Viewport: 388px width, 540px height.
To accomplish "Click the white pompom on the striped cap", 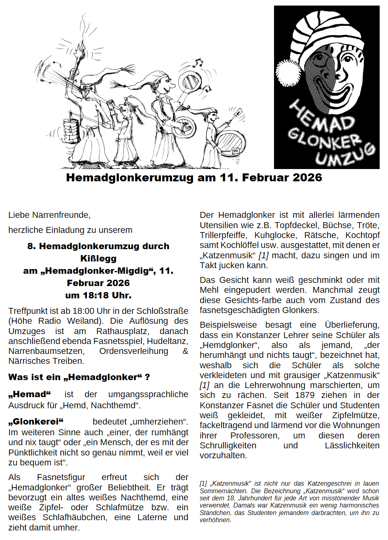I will point(289,73).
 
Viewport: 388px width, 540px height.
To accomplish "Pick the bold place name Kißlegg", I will point(98,259).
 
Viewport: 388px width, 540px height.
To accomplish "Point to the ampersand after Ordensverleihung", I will point(185,351).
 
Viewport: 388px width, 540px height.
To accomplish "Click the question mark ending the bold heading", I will point(147,377).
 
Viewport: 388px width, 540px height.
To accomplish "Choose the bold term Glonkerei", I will point(36,421).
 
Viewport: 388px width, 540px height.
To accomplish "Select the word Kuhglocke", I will point(275,235).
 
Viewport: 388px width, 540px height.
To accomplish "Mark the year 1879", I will point(305,395).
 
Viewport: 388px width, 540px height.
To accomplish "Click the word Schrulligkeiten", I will point(228,446).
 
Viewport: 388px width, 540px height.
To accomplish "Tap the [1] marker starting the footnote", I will point(203,484).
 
